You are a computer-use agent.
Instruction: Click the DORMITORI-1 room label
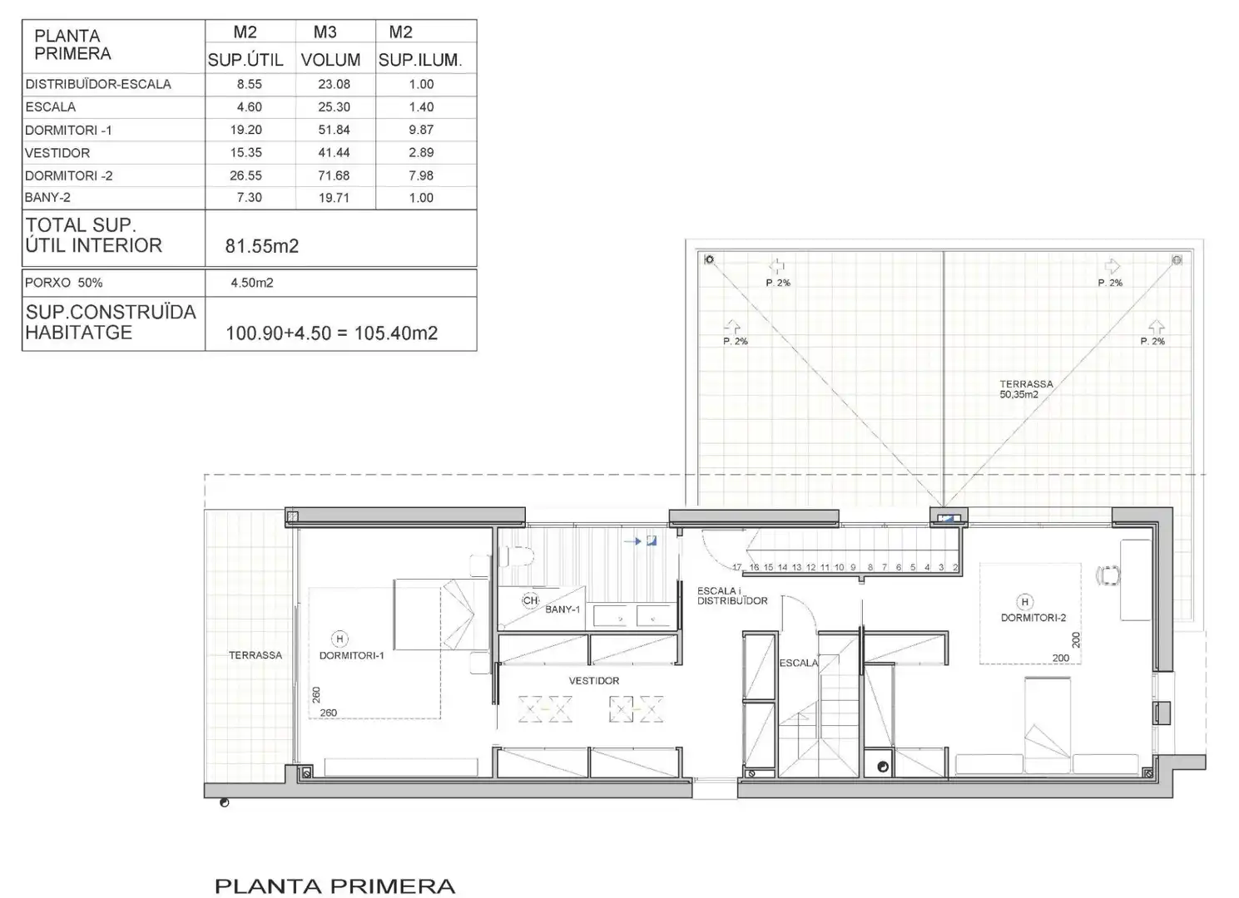point(352,656)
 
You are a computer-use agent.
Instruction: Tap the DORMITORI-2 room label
point(1033,618)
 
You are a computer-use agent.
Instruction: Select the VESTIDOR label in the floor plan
point(594,681)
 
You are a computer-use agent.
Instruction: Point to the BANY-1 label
point(563,609)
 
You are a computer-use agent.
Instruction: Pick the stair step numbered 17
point(736,568)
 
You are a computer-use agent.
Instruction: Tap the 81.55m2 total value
point(261,246)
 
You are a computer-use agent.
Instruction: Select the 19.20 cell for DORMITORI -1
point(246,130)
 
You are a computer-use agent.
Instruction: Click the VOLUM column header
point(331,60)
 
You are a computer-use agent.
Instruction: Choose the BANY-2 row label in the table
point(47,197)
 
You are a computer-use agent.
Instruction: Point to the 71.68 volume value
point(334,175)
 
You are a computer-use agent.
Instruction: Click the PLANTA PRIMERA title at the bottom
point(335,886)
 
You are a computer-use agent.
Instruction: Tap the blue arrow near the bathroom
point(632,541)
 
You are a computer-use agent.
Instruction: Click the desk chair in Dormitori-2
point(1108,575)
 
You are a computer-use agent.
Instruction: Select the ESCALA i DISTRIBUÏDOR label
point(732,595)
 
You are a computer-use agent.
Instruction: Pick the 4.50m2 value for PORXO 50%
point(252,283)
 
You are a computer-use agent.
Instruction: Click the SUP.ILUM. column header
point(420,60)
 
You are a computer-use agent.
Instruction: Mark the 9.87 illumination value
point(421,130)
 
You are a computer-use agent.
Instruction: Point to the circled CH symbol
point(530,600)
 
